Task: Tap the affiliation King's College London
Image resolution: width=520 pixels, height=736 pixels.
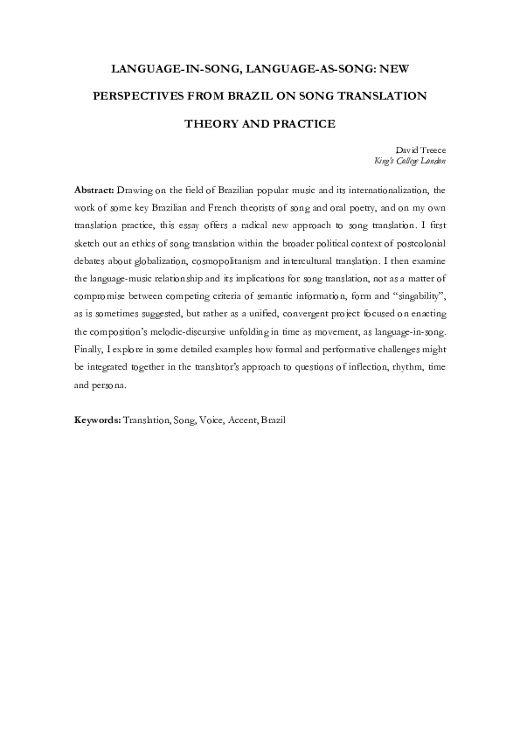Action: (x=409, y=161)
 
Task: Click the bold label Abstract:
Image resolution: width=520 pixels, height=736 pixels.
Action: (x=94, y=189)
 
